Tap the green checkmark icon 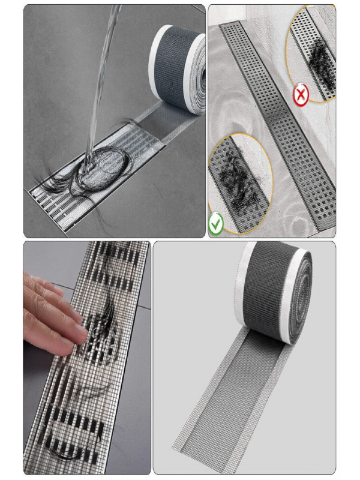click(x=217, y=225)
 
